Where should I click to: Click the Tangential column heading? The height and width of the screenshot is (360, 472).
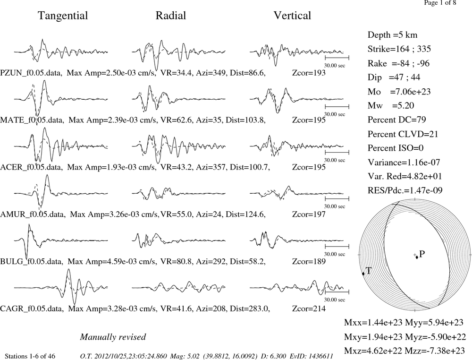63,16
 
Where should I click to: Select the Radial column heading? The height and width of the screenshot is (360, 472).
171,16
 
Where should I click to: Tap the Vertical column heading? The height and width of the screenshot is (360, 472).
292,16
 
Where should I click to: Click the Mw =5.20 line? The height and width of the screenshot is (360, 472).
391,105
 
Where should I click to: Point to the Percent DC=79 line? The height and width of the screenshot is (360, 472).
397,120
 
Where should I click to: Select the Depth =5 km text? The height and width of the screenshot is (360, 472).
393,35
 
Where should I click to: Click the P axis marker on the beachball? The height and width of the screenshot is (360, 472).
417,257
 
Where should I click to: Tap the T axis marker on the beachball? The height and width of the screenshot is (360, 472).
363,274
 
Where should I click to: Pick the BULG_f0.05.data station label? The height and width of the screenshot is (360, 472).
32,261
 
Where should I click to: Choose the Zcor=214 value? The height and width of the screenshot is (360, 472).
309,309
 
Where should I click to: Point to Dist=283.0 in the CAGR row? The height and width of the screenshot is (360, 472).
250,309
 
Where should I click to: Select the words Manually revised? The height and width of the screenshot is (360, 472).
113,337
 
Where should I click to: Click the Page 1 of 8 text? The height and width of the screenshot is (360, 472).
440,3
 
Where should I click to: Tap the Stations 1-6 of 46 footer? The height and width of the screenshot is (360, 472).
30,356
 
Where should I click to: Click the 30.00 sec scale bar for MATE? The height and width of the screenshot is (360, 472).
337,107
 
